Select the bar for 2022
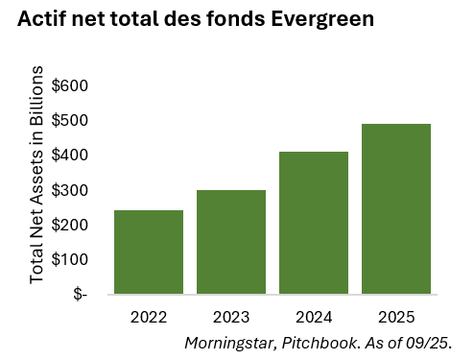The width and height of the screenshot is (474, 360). click(x=149, y=252)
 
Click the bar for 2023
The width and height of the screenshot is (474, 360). click(x=231, y=242)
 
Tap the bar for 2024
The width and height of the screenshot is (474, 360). click(x=314, y=223)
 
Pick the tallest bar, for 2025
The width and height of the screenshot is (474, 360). click(x=396, y=208)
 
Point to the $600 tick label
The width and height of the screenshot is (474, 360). click(x=69, y=85)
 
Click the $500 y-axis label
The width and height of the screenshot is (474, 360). click(x=69, y=121)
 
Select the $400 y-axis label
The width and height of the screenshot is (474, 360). click(x=69, y=156)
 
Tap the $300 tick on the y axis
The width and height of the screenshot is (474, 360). click(x=69, y=190)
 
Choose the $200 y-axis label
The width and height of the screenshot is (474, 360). click(x=69, y=225)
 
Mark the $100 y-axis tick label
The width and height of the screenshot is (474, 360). click(x=69, y=259)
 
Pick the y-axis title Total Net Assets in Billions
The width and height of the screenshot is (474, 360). click(x=37, y=174)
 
